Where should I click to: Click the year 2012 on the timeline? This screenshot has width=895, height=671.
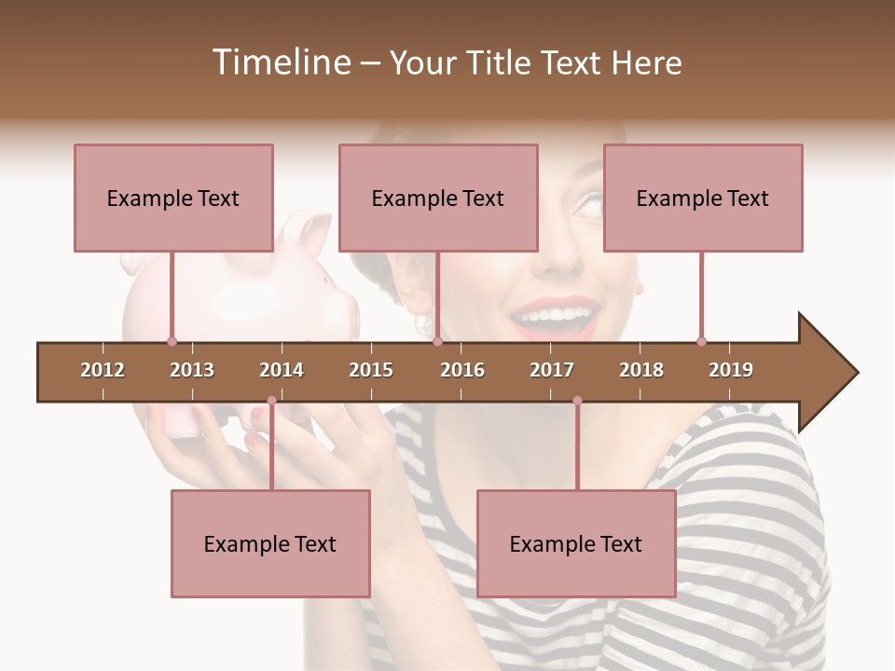(103, 370)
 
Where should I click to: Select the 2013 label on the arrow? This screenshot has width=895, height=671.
(192, 370)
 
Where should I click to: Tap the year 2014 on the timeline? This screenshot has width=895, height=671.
(282, 370)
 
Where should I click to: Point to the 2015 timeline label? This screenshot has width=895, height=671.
(371, 370)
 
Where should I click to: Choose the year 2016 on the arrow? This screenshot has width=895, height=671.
(462, 370)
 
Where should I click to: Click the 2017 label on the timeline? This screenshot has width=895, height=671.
(552, 370)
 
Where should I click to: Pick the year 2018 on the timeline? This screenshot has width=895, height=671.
(641, 370)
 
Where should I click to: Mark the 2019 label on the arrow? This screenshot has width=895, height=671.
(731, 370)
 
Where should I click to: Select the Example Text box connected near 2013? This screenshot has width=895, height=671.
(173, 198)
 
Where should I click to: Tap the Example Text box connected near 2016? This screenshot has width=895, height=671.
(438, 198)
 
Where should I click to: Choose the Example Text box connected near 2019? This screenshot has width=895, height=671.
(703, 198)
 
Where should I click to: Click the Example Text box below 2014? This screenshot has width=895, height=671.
(270, 543)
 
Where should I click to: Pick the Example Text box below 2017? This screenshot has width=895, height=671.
(576, 543)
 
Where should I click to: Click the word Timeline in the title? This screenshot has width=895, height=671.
(280, 62)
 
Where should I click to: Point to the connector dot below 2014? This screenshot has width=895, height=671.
(271, 401)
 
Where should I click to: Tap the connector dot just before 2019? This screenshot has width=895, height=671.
(701, 341)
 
